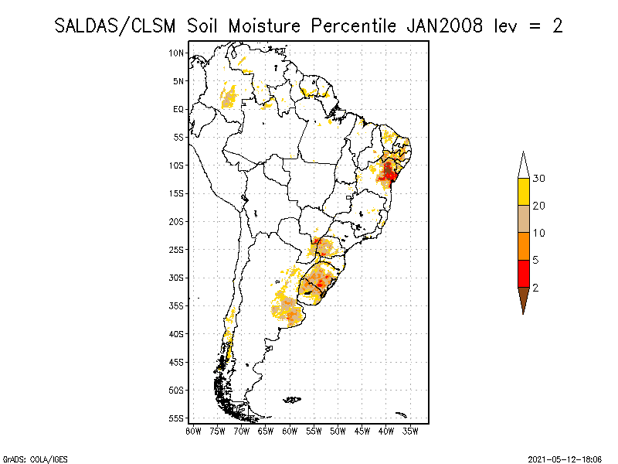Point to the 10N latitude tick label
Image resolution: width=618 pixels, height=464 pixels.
[x=177, y=53]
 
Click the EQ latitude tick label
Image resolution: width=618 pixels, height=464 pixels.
[x=178, y=109]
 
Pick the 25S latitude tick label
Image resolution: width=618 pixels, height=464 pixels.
[x=177, y=250]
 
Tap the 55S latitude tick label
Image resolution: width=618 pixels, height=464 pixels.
[x=177, y=418]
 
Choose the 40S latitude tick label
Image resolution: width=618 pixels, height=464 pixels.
[x=177, y=334]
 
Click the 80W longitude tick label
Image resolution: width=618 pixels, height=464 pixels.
[x=193, y=431]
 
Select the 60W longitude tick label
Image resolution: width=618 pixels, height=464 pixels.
[x=290, y=431]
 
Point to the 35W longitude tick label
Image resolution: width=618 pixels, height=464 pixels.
[x=410, y=431]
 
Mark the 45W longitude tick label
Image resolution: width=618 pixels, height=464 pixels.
[x=362, y=431]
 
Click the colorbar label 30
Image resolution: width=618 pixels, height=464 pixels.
[x=540, y=179]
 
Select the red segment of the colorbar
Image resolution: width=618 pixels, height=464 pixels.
[x=523, y=274]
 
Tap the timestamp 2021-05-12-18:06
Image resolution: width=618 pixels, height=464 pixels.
[x=566, y=458]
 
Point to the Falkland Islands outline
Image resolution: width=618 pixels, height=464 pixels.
[x=291, y=400]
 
